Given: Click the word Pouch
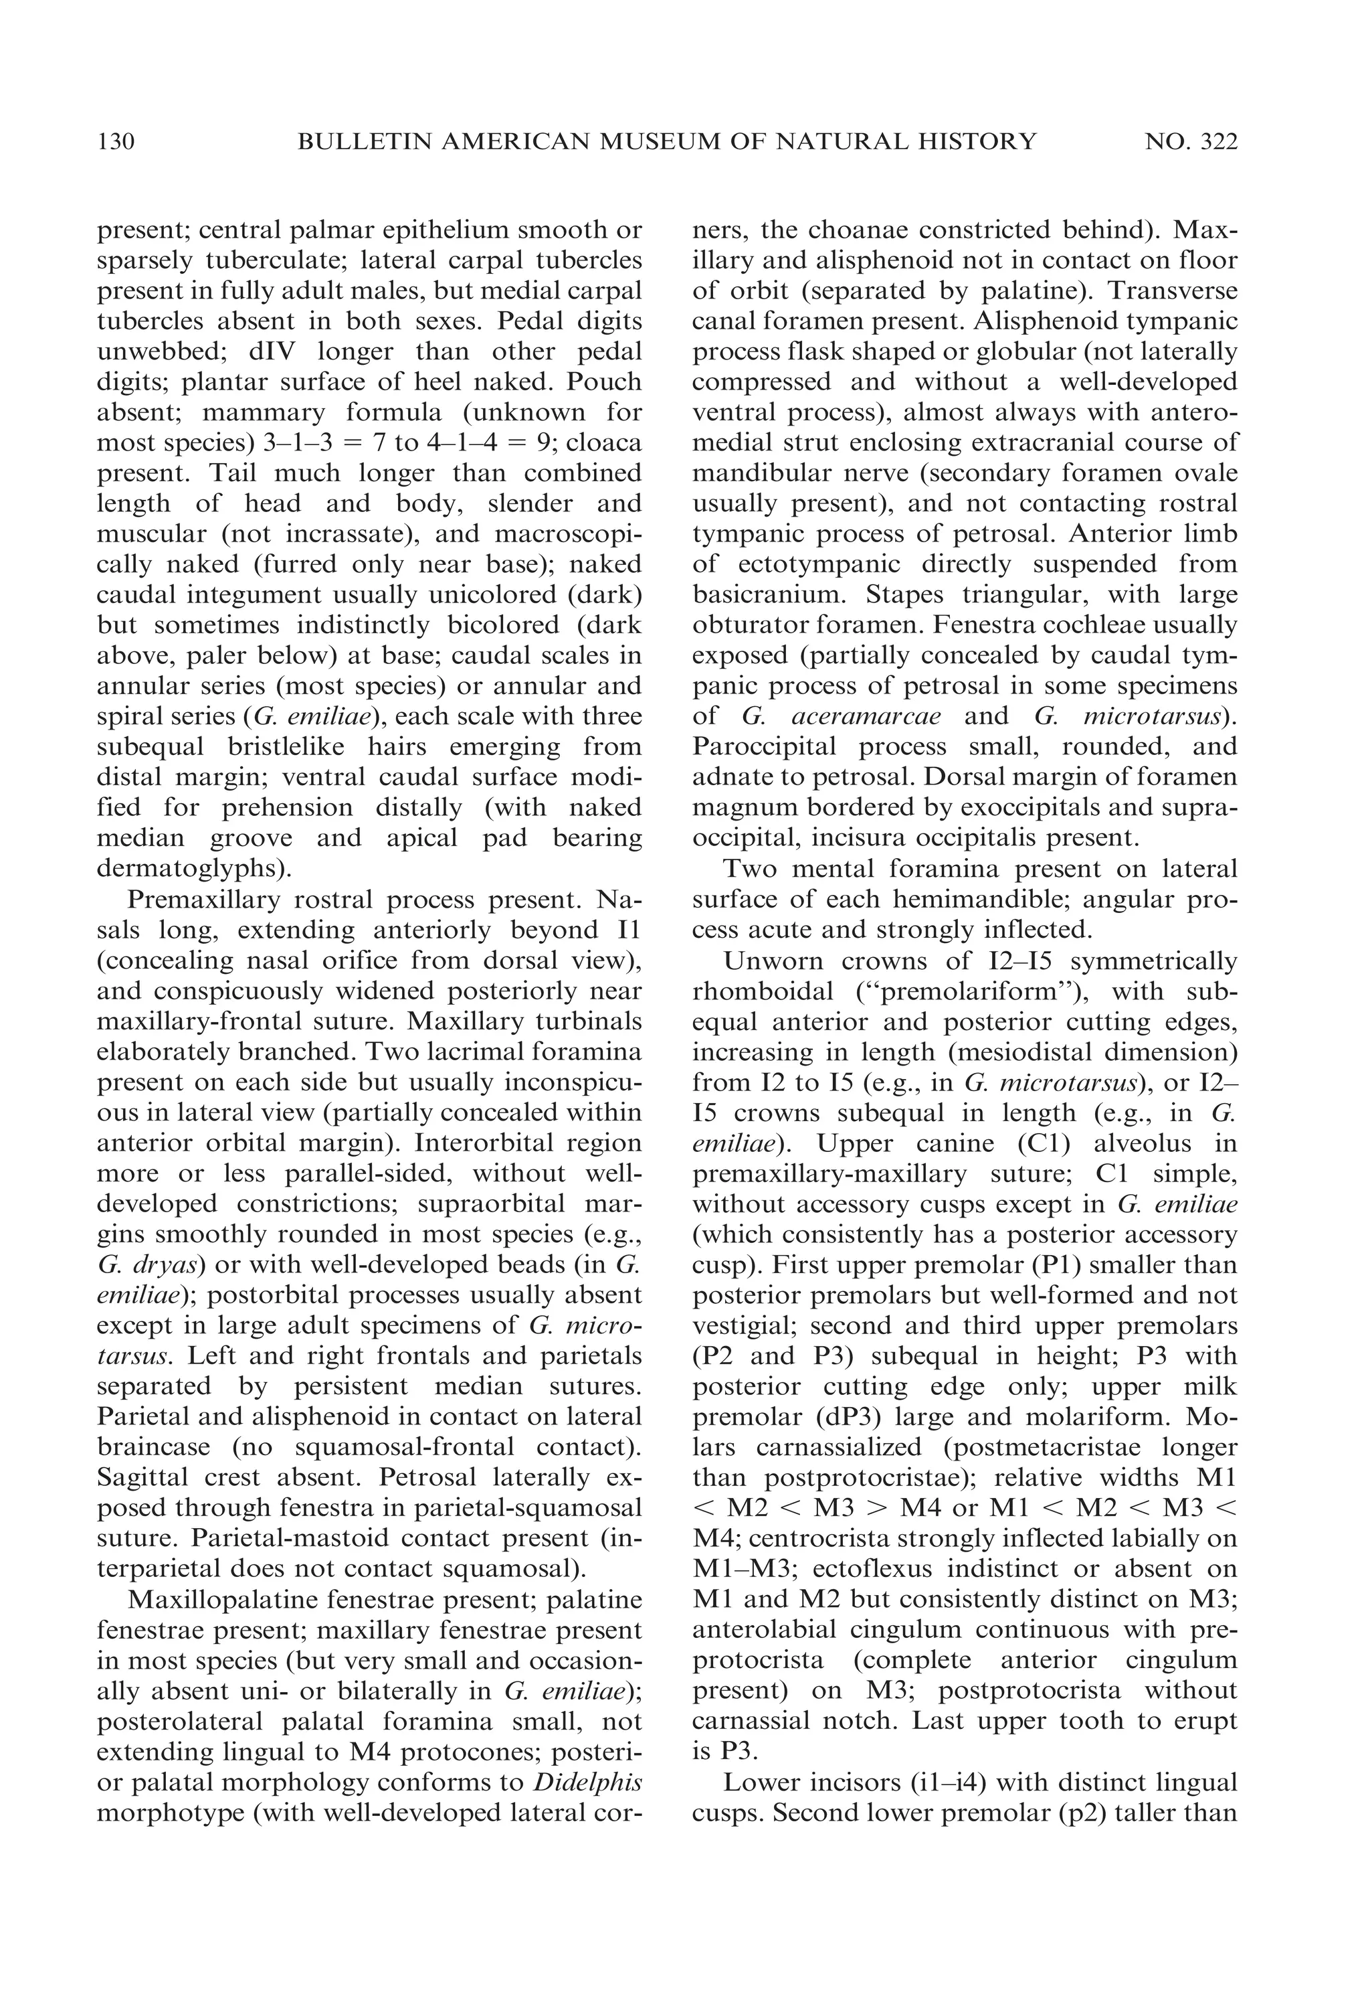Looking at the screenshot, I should point(603,382).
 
